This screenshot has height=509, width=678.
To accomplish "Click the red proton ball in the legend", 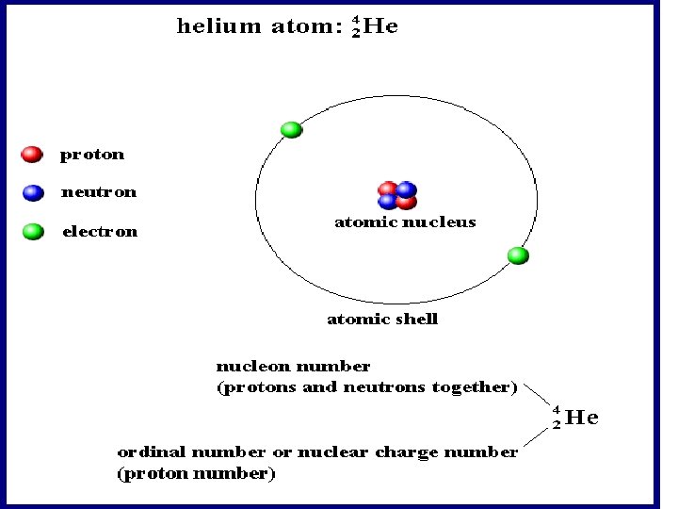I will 32,154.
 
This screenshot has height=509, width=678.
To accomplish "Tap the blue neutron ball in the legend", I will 33,192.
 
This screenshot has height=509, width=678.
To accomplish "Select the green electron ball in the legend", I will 33,231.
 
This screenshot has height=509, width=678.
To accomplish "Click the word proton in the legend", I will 92,155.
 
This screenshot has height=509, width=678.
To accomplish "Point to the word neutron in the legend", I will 99,192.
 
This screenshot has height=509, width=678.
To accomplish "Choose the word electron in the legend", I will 99,231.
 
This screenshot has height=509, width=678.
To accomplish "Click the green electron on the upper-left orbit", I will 292,130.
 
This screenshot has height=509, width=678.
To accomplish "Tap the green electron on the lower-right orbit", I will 517,255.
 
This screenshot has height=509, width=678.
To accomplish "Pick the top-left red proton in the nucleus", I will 388,189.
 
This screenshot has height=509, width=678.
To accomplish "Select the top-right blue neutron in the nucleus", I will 407,189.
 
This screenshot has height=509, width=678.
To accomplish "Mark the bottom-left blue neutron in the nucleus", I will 387,201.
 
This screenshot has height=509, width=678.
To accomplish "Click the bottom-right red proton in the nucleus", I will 407,201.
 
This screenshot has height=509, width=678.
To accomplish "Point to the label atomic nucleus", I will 405,222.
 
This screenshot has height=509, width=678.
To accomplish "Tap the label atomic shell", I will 382,319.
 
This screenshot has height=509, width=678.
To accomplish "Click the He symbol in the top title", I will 380,26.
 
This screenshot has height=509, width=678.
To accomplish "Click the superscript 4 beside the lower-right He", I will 557,410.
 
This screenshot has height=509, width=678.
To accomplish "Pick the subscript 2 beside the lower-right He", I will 557,424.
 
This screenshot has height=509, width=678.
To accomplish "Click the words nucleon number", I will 293,366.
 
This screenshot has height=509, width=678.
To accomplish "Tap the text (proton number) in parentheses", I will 196,474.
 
